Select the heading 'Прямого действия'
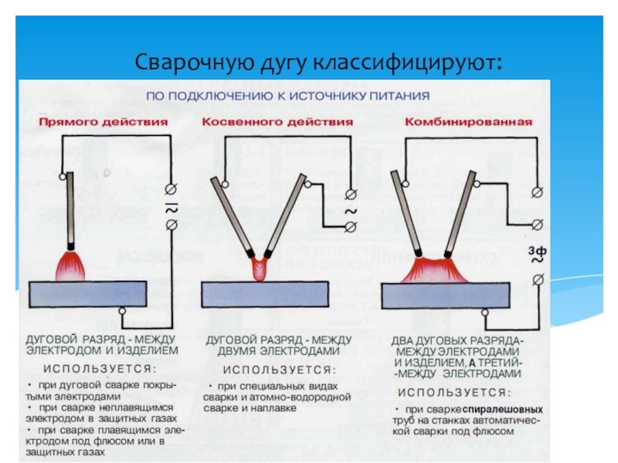[104, 122]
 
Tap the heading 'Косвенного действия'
[277, 122]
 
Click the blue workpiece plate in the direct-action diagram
[87, 293]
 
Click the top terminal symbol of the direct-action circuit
[171, 190]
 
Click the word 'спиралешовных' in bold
[503, 409]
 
